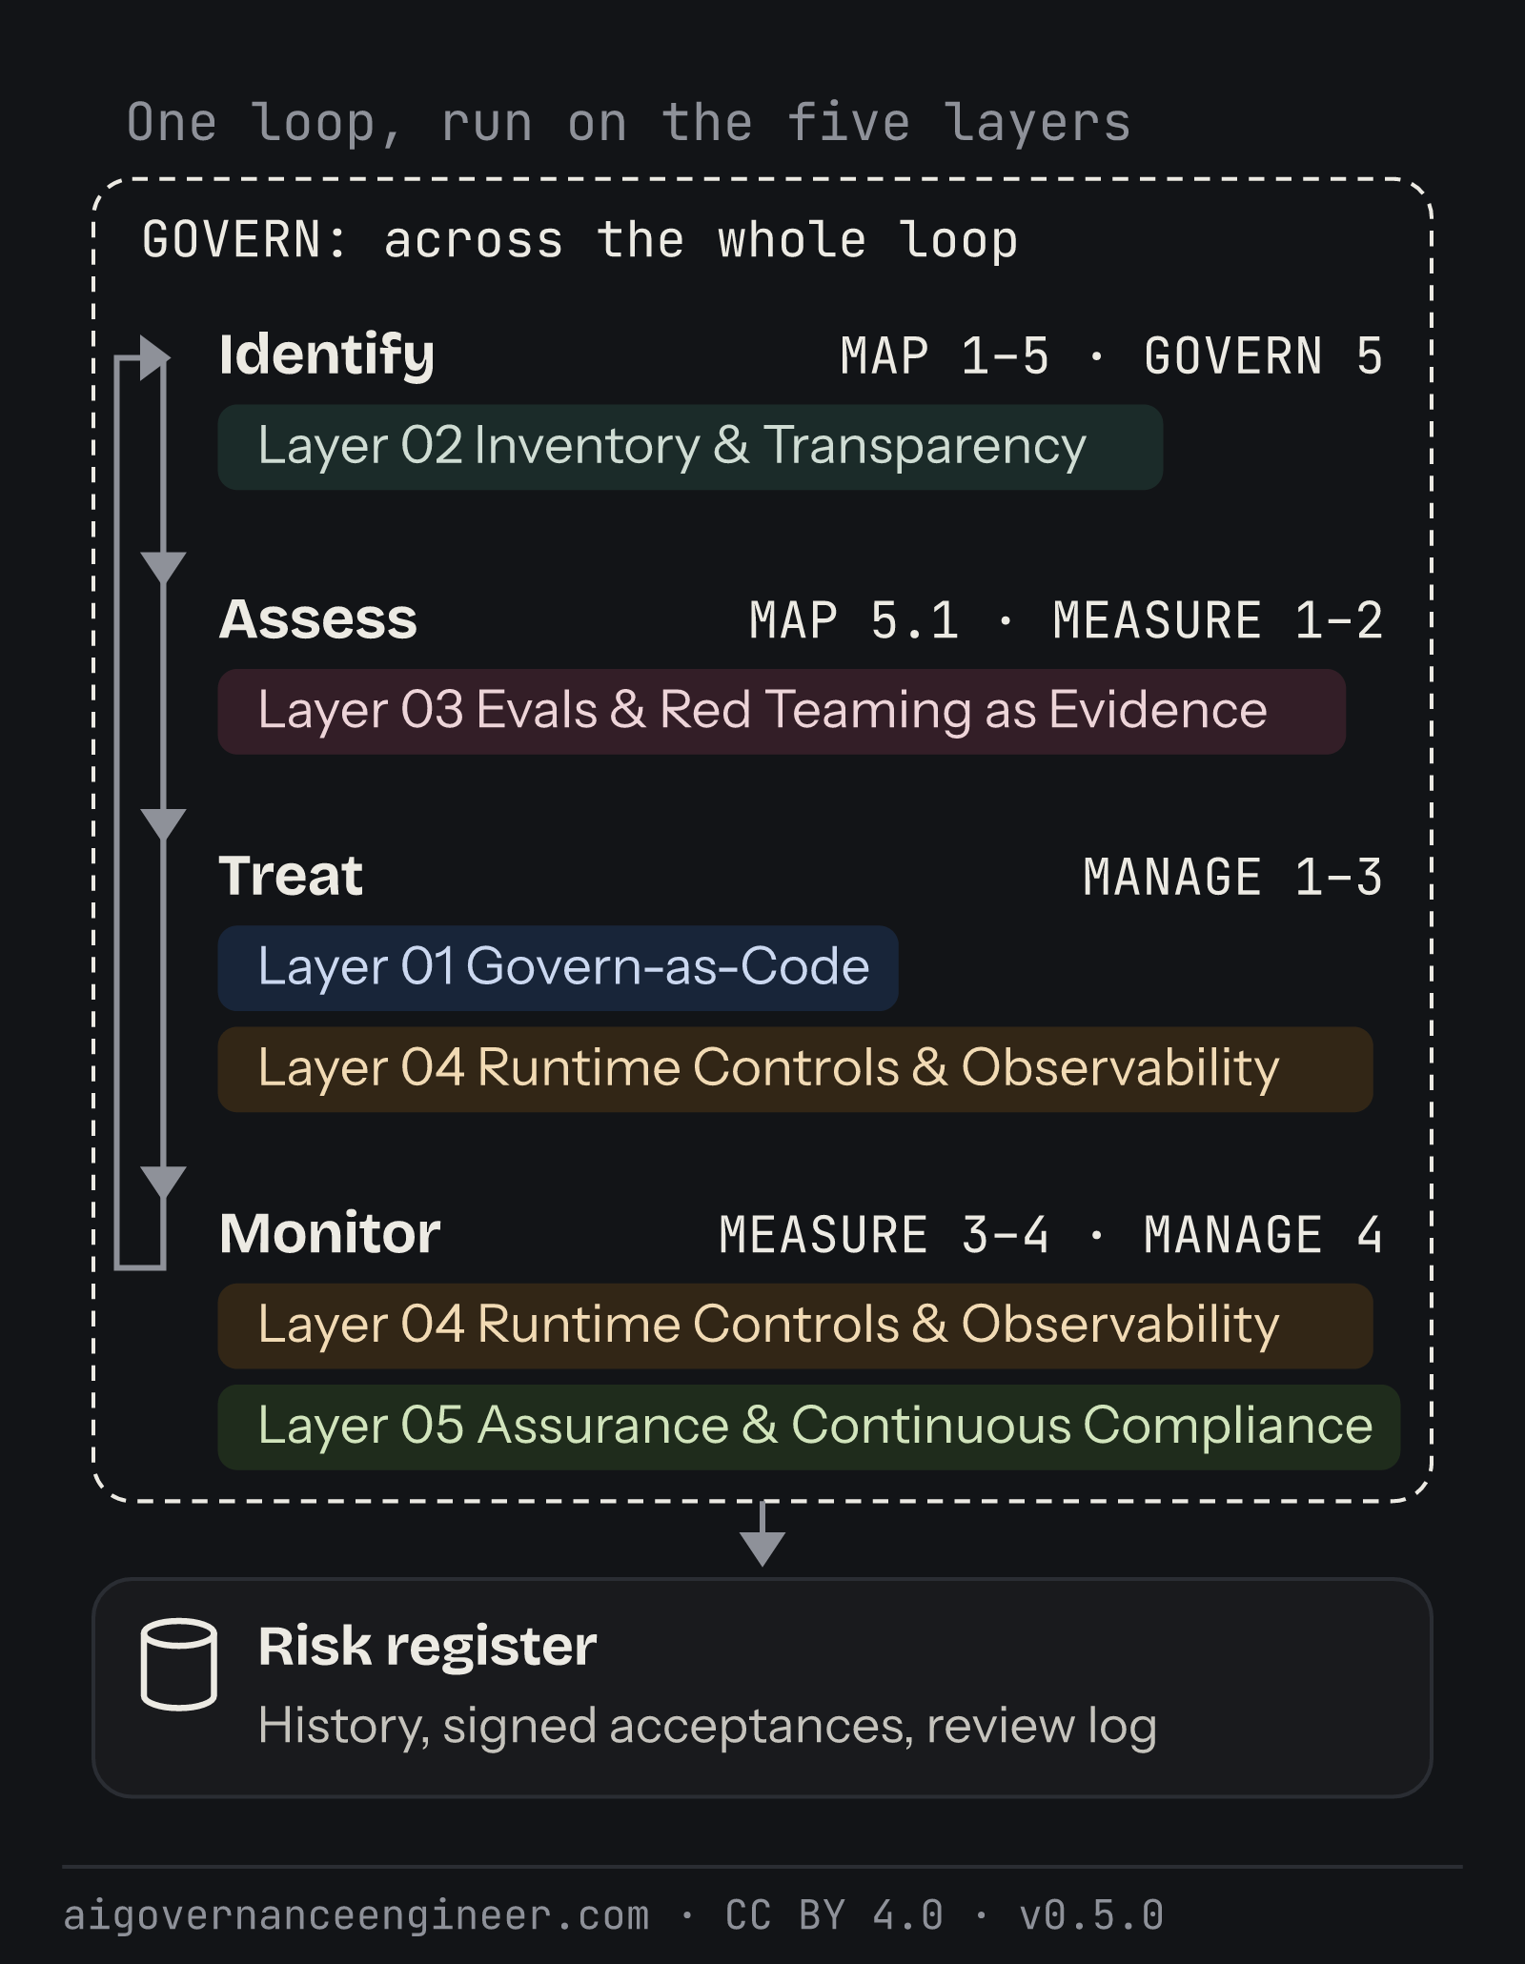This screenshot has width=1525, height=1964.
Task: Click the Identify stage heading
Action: pos(327,356)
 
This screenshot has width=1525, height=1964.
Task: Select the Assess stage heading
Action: pos(318,619)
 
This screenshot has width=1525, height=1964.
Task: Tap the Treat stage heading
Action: pos(291,876)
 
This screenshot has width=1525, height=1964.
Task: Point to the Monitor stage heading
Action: pos(330,1233)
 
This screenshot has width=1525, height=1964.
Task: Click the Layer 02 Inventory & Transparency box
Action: pos(690,447)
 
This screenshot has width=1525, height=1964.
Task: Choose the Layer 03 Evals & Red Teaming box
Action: pos(782,711)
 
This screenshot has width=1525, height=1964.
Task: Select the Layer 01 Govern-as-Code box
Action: pos(558,967)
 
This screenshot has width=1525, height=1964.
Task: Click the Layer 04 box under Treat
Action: pos(795,1068)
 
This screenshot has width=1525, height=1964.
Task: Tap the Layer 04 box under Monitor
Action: pos(795,1326)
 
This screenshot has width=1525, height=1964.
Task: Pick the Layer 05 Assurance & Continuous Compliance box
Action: pos(808,1427)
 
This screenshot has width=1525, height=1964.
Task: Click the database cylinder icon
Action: pos(179,1664)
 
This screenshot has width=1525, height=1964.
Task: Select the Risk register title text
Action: pos(427,1648)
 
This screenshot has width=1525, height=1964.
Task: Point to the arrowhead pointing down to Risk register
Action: pos(762,1549)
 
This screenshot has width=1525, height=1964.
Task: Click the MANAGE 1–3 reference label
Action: pos(1232,878)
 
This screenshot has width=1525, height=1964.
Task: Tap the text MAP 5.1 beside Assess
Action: pos(854,620)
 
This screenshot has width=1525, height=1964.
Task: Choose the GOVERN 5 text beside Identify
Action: pos(1263,356)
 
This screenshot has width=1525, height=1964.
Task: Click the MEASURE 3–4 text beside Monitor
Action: pos(884,1235)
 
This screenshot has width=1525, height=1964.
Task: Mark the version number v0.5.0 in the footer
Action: pos(1091,1915)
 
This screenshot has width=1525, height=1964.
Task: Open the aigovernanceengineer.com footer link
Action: pos(356,1916)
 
